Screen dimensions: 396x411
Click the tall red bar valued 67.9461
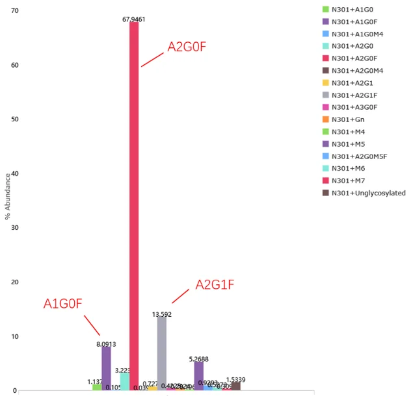[x=134, y=208]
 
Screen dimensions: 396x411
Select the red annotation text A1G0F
[x=63, y=304]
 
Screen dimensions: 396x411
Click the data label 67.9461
[x=134, y=19]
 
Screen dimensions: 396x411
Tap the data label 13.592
[x=161, y=314]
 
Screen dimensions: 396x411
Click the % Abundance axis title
[x=8, y=197]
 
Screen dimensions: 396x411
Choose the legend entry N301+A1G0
[x=354, y=9]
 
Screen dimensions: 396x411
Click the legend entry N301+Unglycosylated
[x=368, y=193]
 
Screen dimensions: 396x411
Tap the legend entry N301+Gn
[x=349, y=119]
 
